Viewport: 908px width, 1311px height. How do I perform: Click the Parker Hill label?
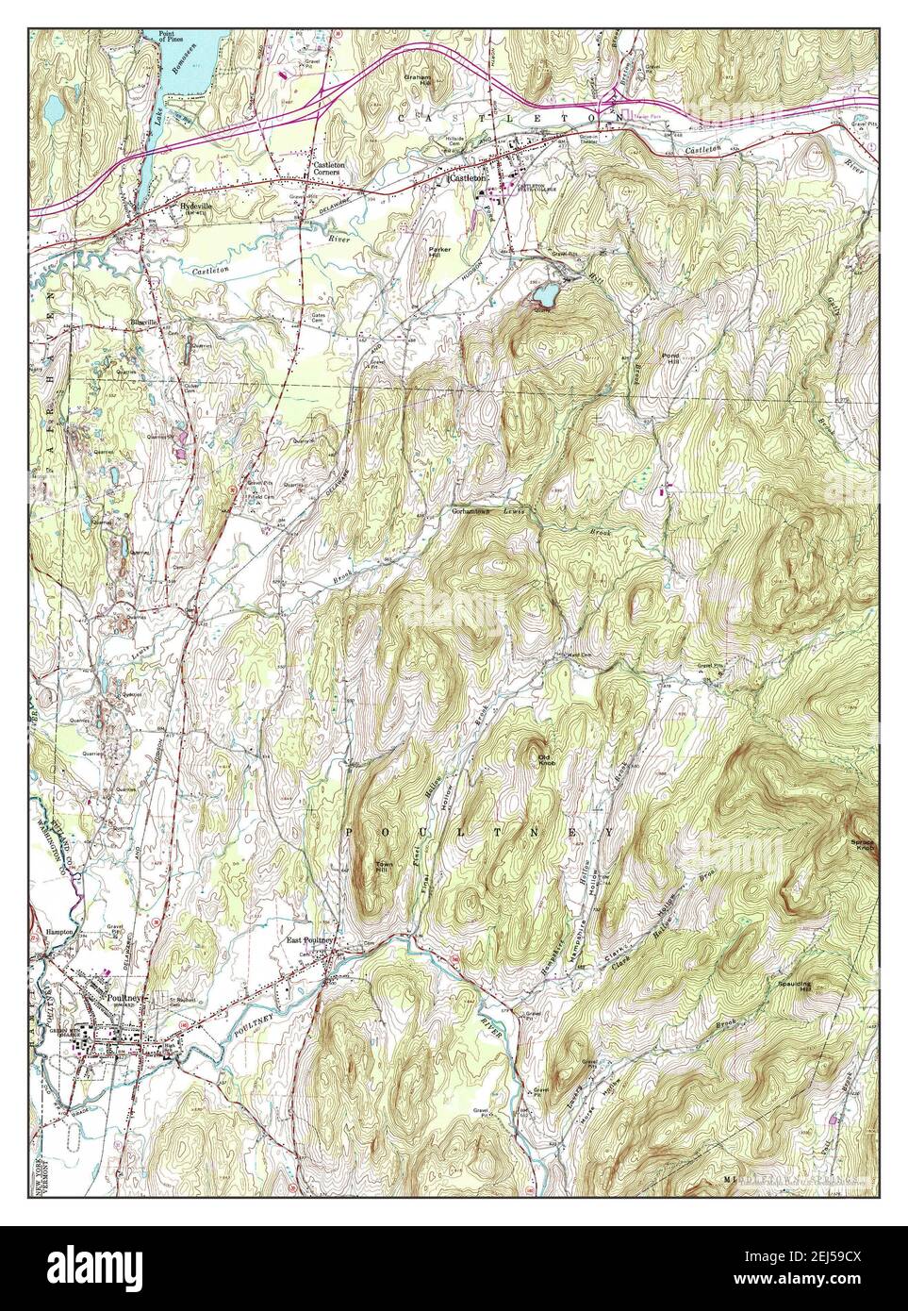point(441,252)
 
